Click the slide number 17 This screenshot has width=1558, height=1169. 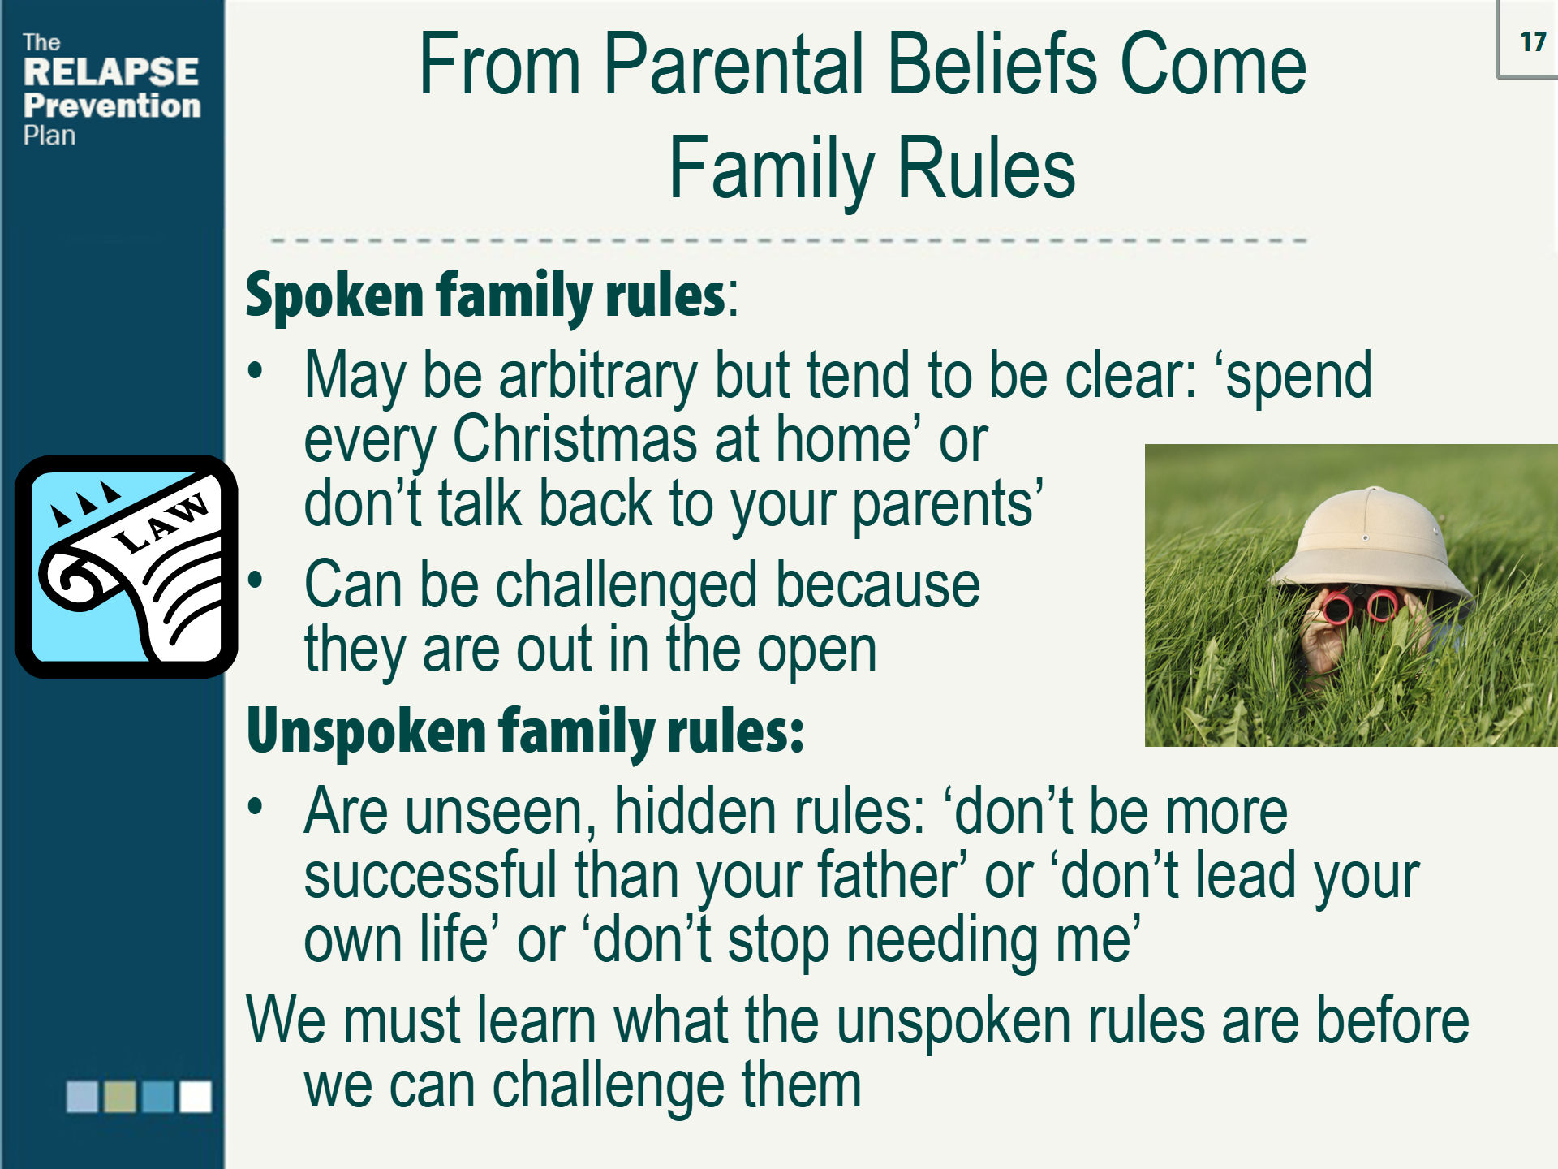click(x=1532, y=41)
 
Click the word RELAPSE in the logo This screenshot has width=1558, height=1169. click(x=111, y=72)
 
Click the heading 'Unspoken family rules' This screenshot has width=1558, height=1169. click(x=524, y=731)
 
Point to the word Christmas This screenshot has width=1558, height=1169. click(x=575, y=440)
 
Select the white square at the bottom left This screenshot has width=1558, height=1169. click(x=195, y=1096)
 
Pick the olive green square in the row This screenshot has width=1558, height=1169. click(x=120, y=1096)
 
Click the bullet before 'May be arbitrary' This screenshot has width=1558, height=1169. click(x=256, y=371)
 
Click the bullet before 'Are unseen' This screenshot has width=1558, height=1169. click(x=256, y=807)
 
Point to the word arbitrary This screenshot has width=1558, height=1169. click(x=597, y=377)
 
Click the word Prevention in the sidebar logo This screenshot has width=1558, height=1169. click(x=112, y=106)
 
